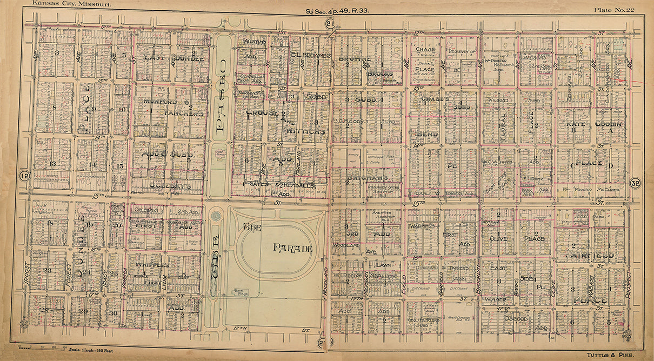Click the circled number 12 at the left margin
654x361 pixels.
click(x=24, y=176)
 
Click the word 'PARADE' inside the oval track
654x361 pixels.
click(x=292, y=249)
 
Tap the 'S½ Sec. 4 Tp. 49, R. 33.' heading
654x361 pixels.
click(x=338, y=10)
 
